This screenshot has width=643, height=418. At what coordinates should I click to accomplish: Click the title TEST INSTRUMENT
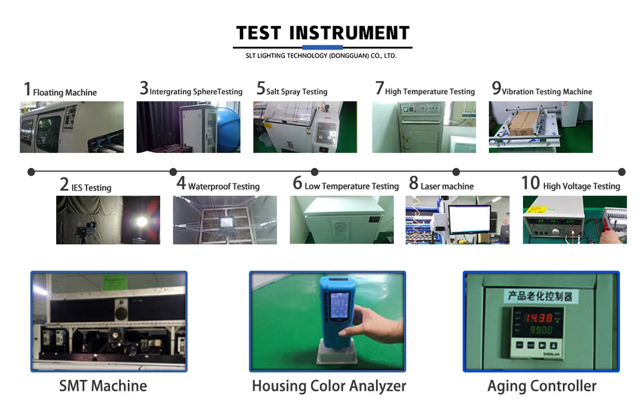coord(323,33)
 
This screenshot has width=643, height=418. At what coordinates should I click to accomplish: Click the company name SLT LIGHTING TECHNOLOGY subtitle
coord(321,56)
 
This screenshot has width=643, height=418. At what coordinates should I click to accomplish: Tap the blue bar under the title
coord(322,47)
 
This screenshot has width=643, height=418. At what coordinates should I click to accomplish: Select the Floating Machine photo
coord(72,127)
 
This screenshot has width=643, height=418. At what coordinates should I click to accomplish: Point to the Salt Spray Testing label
coord(296,91)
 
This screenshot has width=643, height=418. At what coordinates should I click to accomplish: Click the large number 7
coord(379,88)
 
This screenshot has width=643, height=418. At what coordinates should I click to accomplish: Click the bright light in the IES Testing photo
coord(141,221)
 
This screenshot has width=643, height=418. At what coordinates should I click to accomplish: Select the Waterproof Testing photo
coord(225,220)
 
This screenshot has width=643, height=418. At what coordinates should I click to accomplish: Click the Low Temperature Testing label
coord(352,186)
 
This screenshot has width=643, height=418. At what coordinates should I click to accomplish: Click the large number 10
coord(530,183)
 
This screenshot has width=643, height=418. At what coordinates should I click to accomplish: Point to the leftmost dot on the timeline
coord(31,172)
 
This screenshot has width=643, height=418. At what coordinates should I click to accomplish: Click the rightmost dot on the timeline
coord(622,172)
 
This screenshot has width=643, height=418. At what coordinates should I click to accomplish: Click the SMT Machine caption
coord(103,386)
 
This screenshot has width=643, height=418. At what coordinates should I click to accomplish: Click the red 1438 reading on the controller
coord(538,318)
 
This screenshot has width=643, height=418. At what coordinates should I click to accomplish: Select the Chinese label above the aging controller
coord(540,296)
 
